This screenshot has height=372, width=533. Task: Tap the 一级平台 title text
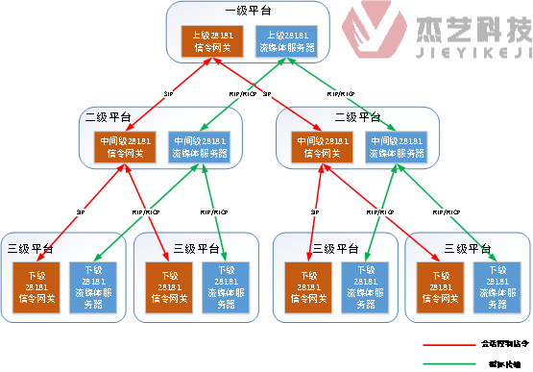click(x=249, y=11)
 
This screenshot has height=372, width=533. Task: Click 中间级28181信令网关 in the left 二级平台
click(x=124, y=145)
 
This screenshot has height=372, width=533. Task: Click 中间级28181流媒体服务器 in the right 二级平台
click(x=398, y=145)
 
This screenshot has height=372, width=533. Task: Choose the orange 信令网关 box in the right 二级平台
click(x=323, y=145)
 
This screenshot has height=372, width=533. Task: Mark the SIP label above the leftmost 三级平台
click(x=81, y=211)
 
